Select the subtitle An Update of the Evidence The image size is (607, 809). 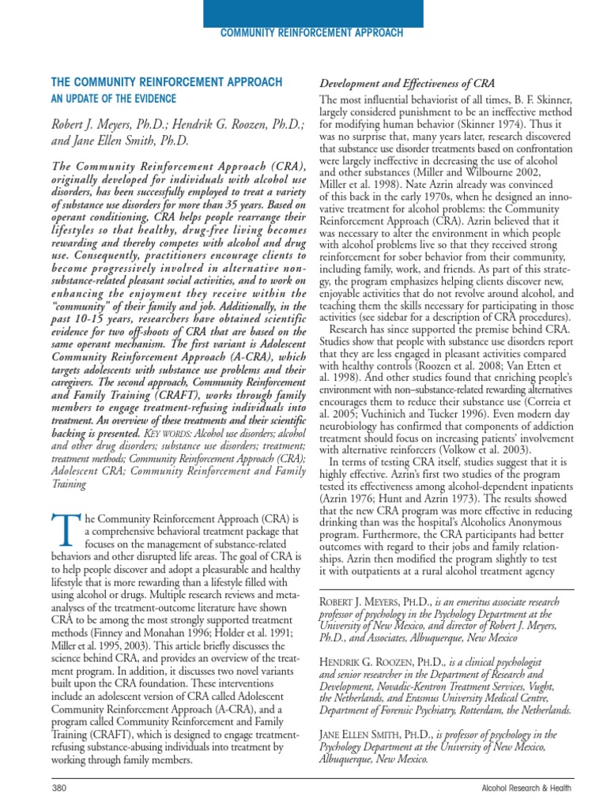point(113,99)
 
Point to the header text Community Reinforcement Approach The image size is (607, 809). point(311,33)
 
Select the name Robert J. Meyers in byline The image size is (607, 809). point(101,125)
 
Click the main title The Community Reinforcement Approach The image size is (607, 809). point(166,82)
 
